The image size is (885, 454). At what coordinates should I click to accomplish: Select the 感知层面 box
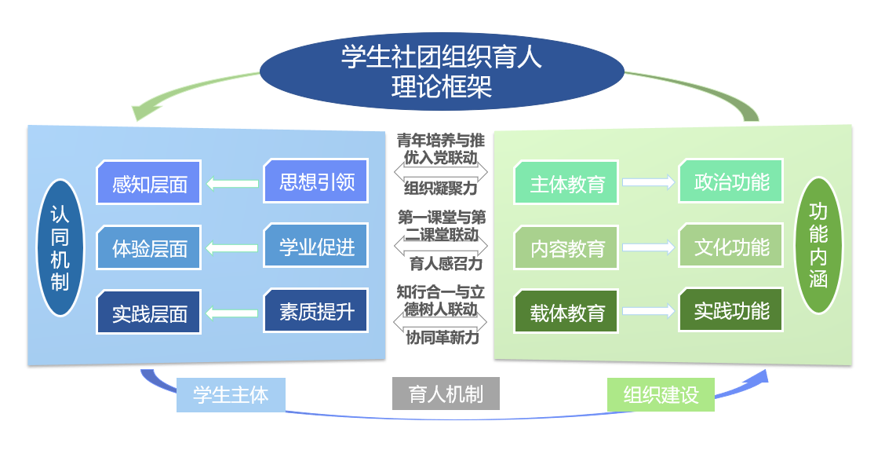149,184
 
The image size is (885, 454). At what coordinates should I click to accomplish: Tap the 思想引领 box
316,182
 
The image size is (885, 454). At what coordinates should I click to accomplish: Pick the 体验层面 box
149,248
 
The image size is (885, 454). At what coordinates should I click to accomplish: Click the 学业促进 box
316,247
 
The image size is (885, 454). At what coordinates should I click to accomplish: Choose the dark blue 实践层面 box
149,313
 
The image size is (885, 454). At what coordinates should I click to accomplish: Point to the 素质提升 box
316,311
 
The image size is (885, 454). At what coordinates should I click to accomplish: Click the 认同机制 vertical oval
60,247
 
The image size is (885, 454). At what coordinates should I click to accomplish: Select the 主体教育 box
567,185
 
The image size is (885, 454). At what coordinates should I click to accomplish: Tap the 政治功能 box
731,182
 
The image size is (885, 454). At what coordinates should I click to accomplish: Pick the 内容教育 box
567,248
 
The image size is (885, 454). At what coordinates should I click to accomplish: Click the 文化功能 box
731,247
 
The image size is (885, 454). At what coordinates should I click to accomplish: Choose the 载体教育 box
567,313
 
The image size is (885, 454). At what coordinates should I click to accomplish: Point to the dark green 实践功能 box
731,311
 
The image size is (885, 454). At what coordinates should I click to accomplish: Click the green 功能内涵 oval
818,245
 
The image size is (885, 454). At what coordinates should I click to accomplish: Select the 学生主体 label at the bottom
230,394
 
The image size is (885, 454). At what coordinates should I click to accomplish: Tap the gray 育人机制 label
446,394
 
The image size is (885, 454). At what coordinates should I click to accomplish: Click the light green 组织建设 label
661,394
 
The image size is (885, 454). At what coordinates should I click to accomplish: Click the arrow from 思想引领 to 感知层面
232,185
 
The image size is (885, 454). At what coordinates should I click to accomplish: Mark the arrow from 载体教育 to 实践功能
649,312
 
